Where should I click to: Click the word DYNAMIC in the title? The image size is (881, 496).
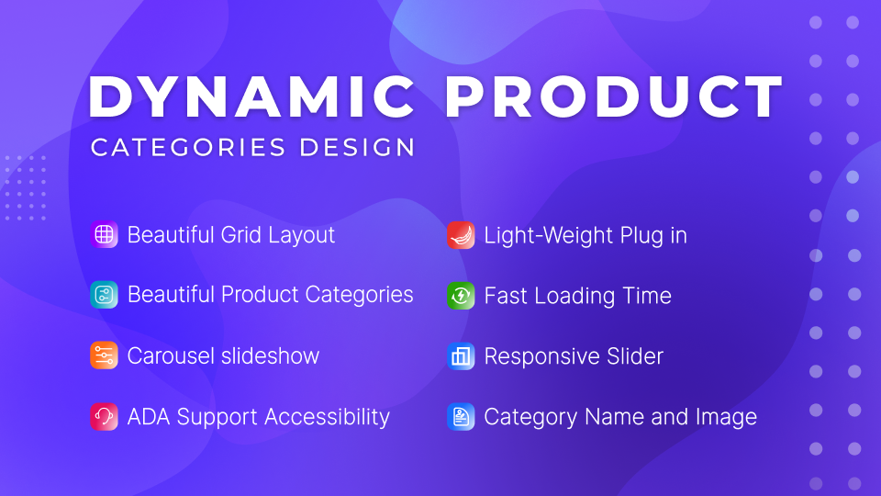tap(251, 96)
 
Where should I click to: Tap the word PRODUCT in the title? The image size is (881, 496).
tap(614, 96)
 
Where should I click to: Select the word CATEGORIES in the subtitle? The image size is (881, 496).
tap(188, 147)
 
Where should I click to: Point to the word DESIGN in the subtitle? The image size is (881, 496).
tap(357, 147)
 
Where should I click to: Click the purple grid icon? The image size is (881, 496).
tap(104, 234)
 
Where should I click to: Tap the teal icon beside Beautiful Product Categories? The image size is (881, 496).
tap(104, 295)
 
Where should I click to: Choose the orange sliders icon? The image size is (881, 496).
tap(104, 355)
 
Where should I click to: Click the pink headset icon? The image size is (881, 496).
tap(104, 417)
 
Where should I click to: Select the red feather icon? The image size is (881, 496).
tap(461, 235)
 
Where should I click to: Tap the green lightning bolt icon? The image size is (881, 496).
tap(461, 296)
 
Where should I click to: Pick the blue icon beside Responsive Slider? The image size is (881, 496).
tap(461, 356)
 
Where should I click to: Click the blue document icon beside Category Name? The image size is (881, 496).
tap(461, 417)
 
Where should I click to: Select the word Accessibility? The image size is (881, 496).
tap(327, 417)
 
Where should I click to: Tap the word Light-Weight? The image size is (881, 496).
tap(549, 236)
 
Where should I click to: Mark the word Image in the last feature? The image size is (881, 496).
tap(726, 418)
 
